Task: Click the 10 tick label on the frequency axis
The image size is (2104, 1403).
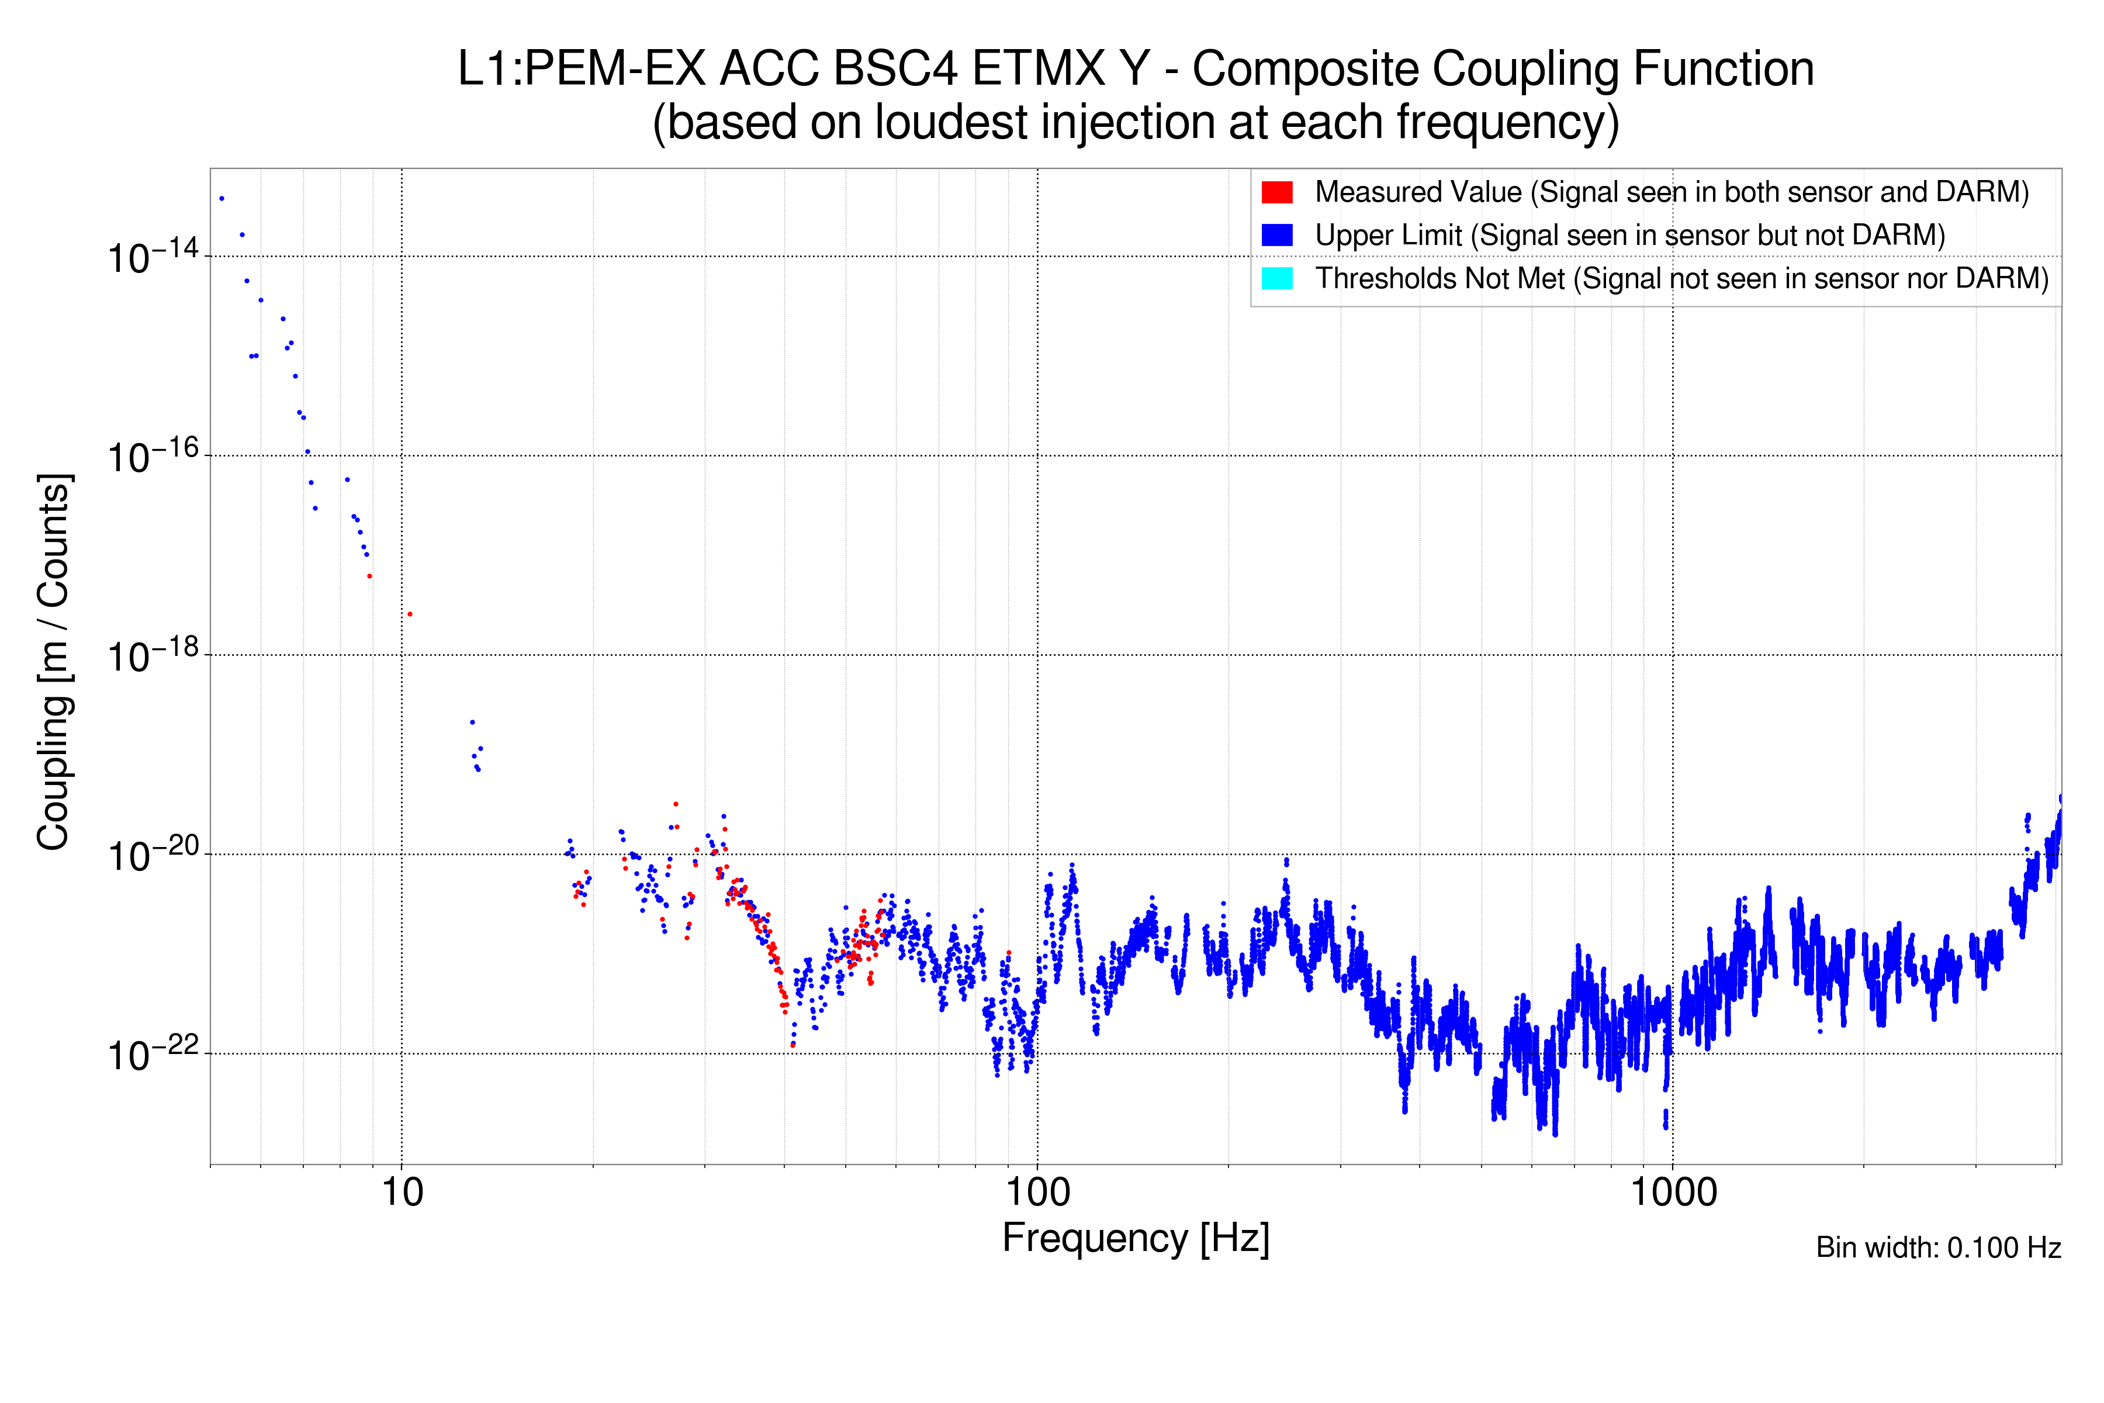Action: click(402, 1193)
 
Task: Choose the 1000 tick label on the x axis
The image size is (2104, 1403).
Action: click(1672, 1193)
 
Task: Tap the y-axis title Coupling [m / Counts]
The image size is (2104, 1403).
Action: click(54, 662)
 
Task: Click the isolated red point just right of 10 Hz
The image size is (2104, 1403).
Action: click(410, 614)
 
